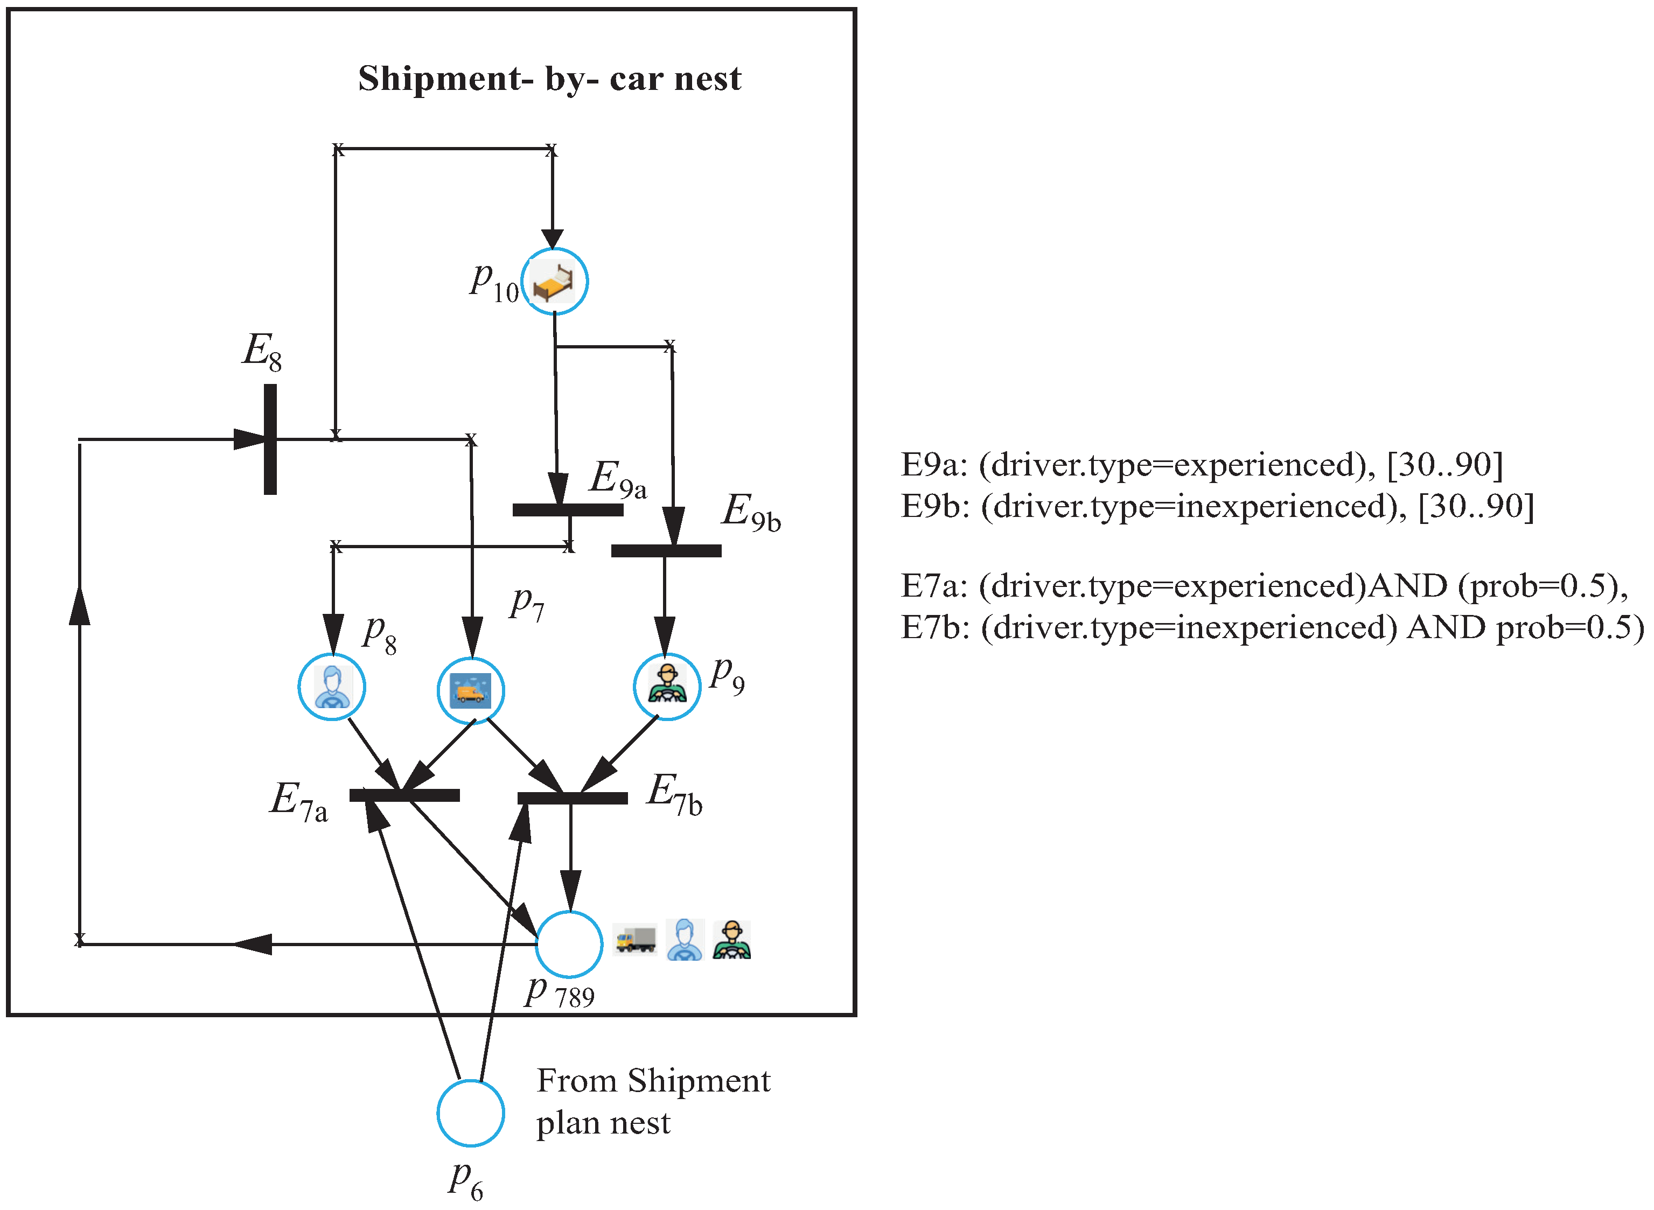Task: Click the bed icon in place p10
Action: pos(554,282)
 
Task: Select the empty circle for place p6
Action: pos(470,1113)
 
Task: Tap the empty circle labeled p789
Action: pos(569,944)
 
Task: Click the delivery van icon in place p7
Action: pos(470,691)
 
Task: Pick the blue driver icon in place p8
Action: pos(332,687)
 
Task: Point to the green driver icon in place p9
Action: pos(667,686)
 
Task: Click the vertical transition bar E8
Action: pos(270,439)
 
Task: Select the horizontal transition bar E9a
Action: pos(568,510)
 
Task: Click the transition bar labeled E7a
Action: pos(404,795)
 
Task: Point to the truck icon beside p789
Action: pos(635,939)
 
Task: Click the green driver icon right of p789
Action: pos(731,940)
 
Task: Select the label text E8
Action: pos(262,351)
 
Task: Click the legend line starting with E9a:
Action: pos(1201,464)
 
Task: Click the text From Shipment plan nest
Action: pos(652,1101)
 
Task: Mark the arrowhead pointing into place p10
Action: pos(552,239)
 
